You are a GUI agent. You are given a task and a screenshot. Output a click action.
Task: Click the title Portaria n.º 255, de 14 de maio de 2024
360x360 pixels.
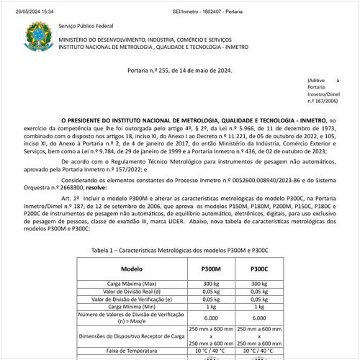179,70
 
